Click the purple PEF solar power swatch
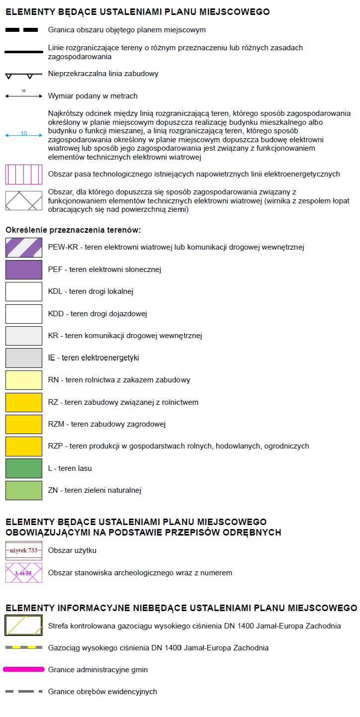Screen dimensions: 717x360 (x=24, y=269)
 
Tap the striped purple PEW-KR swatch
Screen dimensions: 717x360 (x=24, y=247)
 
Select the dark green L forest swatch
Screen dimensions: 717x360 (x=24, y=468)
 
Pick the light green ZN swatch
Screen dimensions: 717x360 (x=24, y=490)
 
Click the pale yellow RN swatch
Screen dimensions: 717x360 (x=24, y=380)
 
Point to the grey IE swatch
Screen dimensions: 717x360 (x=24, y=358)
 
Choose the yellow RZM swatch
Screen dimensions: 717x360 (x=24, y=424)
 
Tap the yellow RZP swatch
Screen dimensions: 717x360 (x=24, y=446)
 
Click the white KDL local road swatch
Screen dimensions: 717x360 (x=24, y=291)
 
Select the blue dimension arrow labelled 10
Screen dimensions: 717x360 (x=24, y=135)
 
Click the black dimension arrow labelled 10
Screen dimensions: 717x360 (x=24, y=96)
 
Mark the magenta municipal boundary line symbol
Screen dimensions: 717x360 (x=24, y=669)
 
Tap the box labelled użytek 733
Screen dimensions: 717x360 (x=24, y=550)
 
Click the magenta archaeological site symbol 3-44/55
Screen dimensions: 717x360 (x=24, y=573)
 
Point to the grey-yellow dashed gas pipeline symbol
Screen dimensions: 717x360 (x=24, y=647)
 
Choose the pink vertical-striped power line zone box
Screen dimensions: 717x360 (x=24, y=174)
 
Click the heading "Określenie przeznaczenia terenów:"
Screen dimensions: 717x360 (x=73, y=230)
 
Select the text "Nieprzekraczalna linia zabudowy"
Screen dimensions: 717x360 (x=103, y=74)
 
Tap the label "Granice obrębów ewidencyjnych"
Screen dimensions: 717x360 (x=102, y=692)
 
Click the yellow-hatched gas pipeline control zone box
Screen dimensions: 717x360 (x=24, y=626)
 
